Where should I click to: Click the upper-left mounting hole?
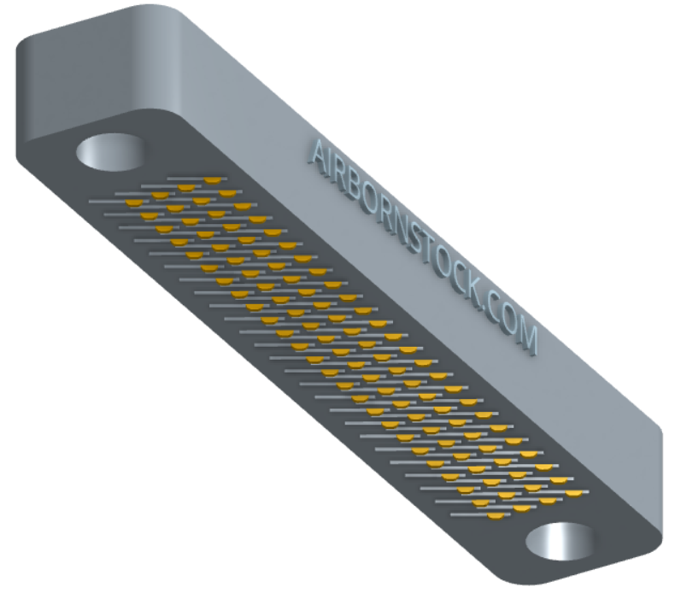[111, 151]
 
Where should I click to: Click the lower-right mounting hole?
[561, 542]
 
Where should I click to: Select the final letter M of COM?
[526, 336]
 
